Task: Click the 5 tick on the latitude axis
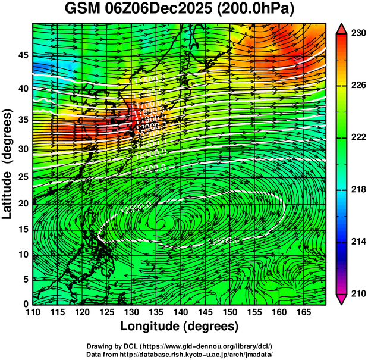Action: [24, 279]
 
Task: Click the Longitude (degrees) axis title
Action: [180, 326]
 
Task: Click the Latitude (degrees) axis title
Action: [8, 164]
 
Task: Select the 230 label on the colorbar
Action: [358, 34]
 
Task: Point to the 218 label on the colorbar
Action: [358, 189]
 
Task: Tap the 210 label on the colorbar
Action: [358, 293]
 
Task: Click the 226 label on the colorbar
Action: [358, 86]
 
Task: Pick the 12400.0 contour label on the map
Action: [150, 169]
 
